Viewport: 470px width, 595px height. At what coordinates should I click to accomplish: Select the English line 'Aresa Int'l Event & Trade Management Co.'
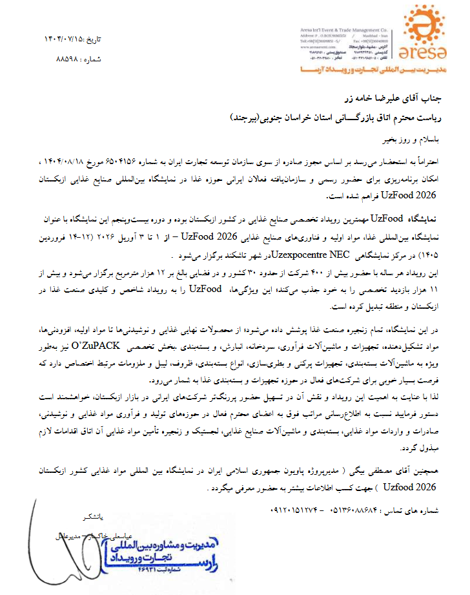tap(348, 30)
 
